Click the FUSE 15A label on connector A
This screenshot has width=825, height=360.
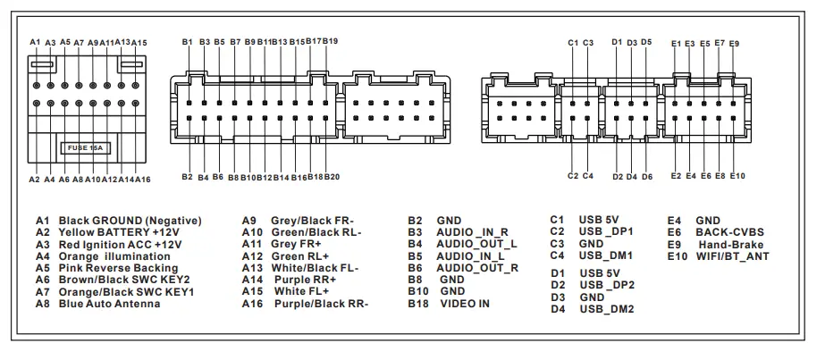tap(85, 149)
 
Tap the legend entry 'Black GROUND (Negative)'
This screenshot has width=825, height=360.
tap(130, 220)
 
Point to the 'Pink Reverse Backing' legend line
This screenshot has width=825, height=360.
tap(118, 268)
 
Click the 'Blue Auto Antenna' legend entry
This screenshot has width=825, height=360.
tap(109, 304)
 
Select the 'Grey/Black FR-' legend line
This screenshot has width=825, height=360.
tap(313, 220)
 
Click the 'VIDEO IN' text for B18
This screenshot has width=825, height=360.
tap(465, 304)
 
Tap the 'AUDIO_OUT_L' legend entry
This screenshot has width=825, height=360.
tap(476, 243)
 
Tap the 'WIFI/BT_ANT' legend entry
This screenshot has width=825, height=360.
tap(732, 255)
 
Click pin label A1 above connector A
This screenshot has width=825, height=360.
tap(35, 42)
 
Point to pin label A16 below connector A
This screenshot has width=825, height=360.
tap(142, 180)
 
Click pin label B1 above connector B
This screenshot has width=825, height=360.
tap(187, 42)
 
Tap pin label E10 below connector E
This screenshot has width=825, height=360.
tap(737, 176)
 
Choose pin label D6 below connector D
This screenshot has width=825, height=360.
tap(647, 177)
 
